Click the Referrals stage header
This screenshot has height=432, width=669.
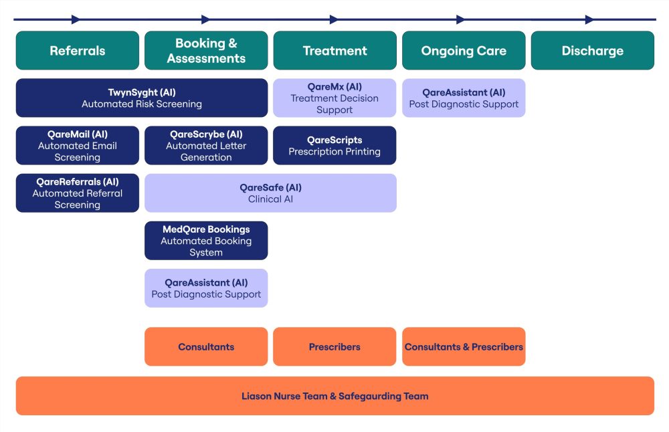coord(77,50)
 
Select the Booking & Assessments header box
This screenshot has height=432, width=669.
coord(206,50)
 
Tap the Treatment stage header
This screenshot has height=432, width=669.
coord(335,50)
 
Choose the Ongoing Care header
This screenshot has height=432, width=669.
coord(464,50)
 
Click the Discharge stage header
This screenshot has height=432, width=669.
coord(593,50)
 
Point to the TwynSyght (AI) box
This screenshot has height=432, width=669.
coord(142,98)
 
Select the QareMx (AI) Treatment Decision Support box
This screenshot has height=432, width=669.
coord(334,98)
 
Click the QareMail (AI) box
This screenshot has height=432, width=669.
coord(77,145)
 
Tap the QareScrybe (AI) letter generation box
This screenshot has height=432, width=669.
coord(206,145)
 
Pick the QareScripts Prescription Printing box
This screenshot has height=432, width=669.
coord(334,145)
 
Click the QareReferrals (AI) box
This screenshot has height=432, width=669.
coord(77,193)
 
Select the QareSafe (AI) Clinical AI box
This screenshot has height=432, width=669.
coord(270,193)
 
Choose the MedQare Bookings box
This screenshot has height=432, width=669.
coord(206,241)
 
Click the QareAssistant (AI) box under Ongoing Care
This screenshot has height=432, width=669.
coord(464,98)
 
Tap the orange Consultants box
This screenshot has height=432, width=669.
coord(206,346)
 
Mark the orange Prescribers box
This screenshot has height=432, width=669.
coord(334,346)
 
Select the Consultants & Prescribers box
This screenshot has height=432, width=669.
coord(464,346)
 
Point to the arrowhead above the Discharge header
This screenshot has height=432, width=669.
coord(589,19)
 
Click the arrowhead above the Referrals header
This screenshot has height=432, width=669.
coord(76,19)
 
